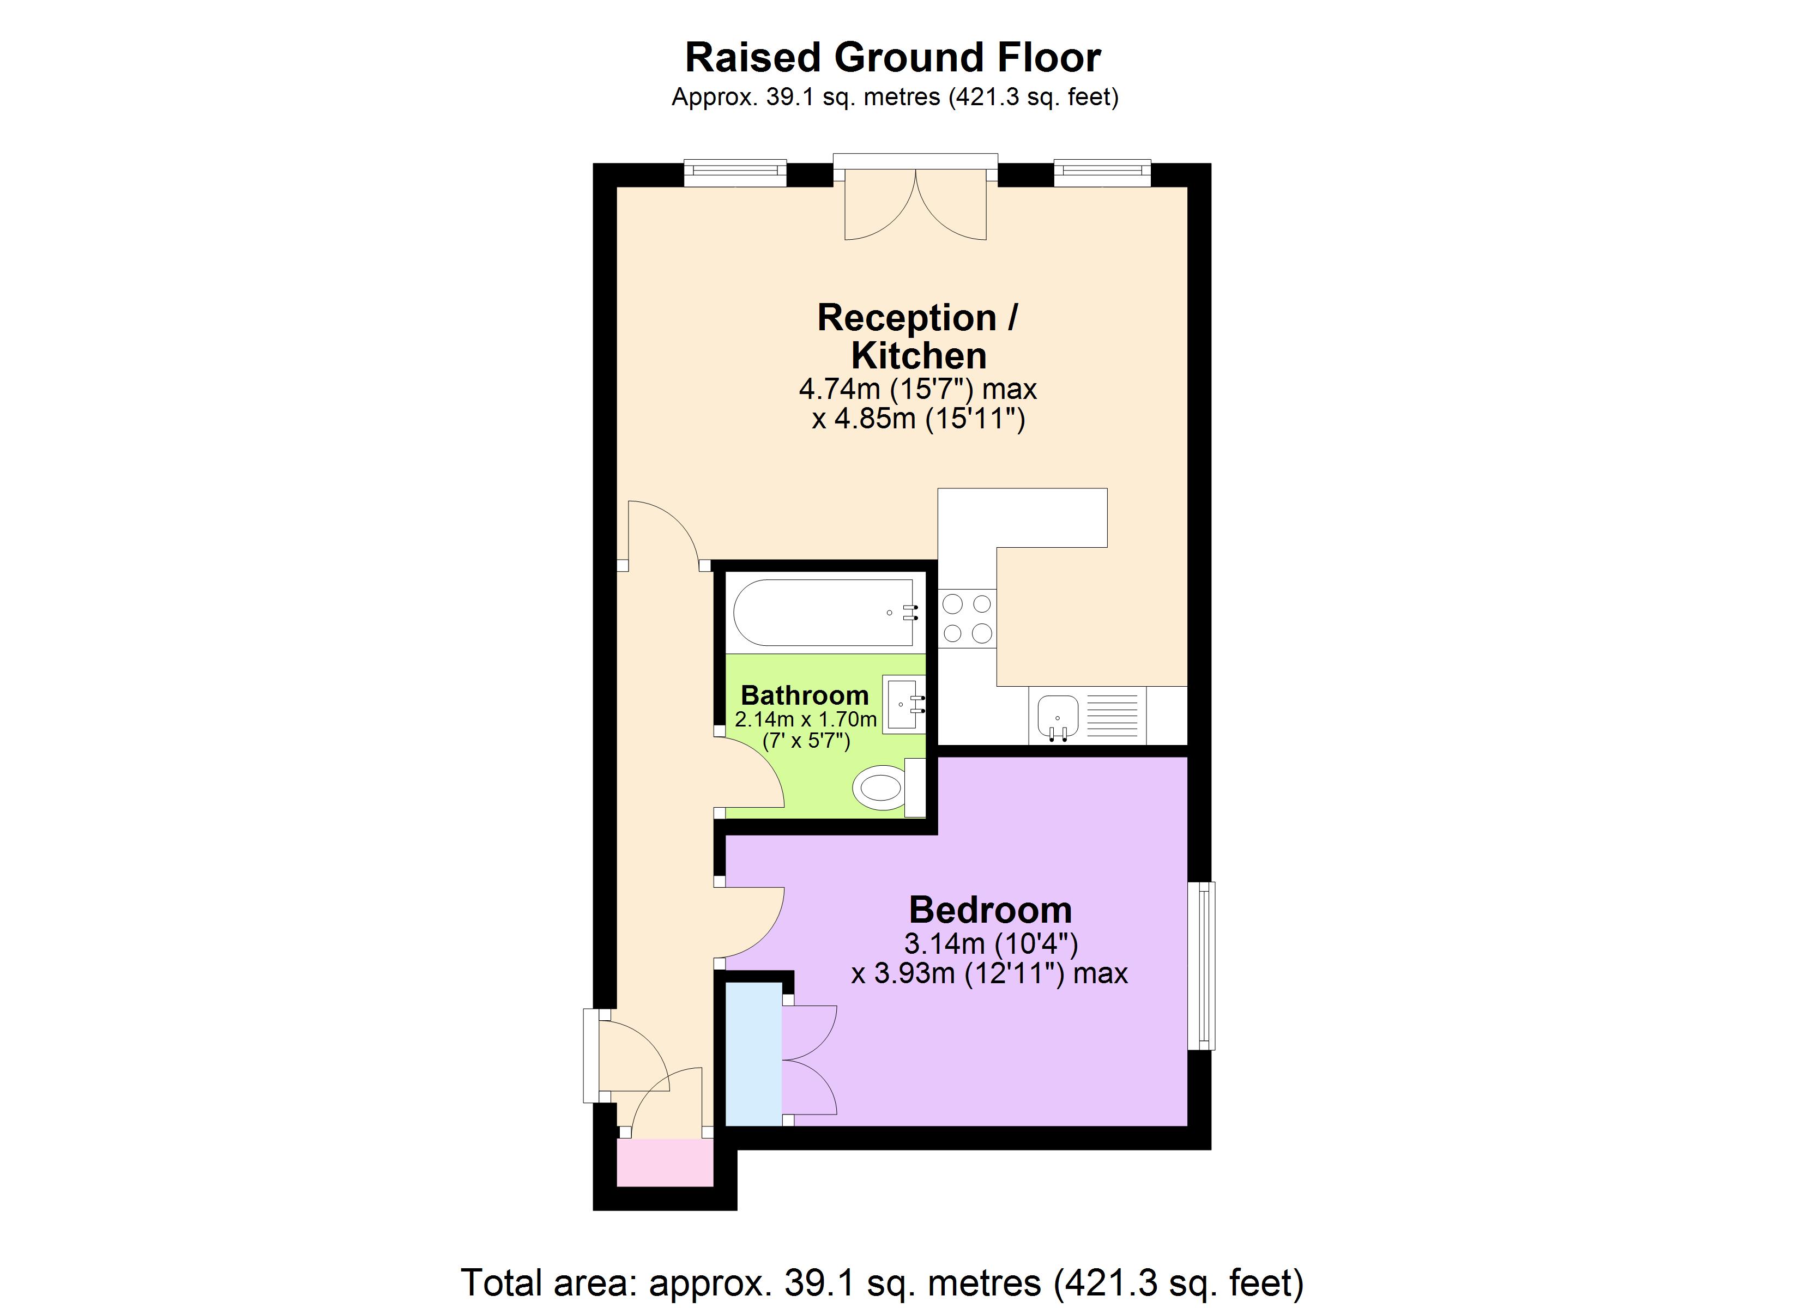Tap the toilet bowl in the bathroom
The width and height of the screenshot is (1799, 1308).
tap(880, 788)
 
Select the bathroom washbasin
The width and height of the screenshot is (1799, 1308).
tap(903, 704)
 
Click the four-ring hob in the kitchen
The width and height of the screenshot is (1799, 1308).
tap(967, 619)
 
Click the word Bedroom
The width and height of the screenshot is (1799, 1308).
tap(990, 910)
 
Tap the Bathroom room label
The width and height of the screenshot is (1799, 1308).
tap(804, 695)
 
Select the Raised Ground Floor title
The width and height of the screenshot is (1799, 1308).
tap(892, 57)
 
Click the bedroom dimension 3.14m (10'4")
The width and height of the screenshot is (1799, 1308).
tap(991, 944)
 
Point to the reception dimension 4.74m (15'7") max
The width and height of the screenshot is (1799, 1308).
tap(917, 390)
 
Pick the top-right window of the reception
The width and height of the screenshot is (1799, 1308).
tap(1102, 173)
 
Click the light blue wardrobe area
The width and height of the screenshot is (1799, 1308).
tap(753, 1053)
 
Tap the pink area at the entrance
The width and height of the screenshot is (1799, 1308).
tap(665, 1163)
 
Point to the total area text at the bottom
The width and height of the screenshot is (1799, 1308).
tap(882, 1282)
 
